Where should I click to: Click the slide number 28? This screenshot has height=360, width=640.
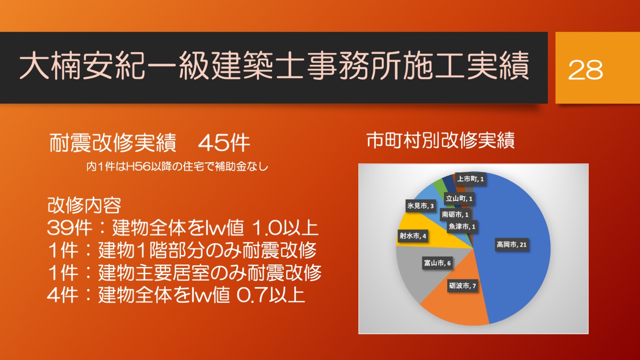pyautogui.click(x=585, y=70)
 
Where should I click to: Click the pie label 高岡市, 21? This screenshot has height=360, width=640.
pyautogui.click(x=512, y=244)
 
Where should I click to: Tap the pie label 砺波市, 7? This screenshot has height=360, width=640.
pyautogui.click(x=462, y=286)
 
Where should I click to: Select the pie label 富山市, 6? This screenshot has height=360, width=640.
pyautogui.click(x=437, y=263)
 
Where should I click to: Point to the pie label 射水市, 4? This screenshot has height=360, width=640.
pyautogui.click(x=413, y=236)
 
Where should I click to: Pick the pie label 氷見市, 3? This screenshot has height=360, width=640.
pyautogui.click(x=420, y=206)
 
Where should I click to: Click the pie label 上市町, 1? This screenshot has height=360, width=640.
pyautogui.click(x=470, y=179)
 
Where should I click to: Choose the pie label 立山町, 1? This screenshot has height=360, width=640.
pyautogui.click(x=459, y=199)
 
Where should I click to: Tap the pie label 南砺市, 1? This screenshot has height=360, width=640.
pyautogui.click(x=455, y=214)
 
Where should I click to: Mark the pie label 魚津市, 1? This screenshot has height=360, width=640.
pyautogui.click(x=462, y=226)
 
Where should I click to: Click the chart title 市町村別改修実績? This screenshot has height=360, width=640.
pyautogui.click(x=440, y=140)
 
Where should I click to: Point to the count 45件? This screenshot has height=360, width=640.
pyautogui.click(x=224, y=143)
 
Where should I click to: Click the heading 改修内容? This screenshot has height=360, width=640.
pyautogui.click(x=84, y=206)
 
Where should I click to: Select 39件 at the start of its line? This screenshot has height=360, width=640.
pyautogui.click(x=70, y=228)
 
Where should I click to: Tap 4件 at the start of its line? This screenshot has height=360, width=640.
pyautogui.click(x=63, y=295)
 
